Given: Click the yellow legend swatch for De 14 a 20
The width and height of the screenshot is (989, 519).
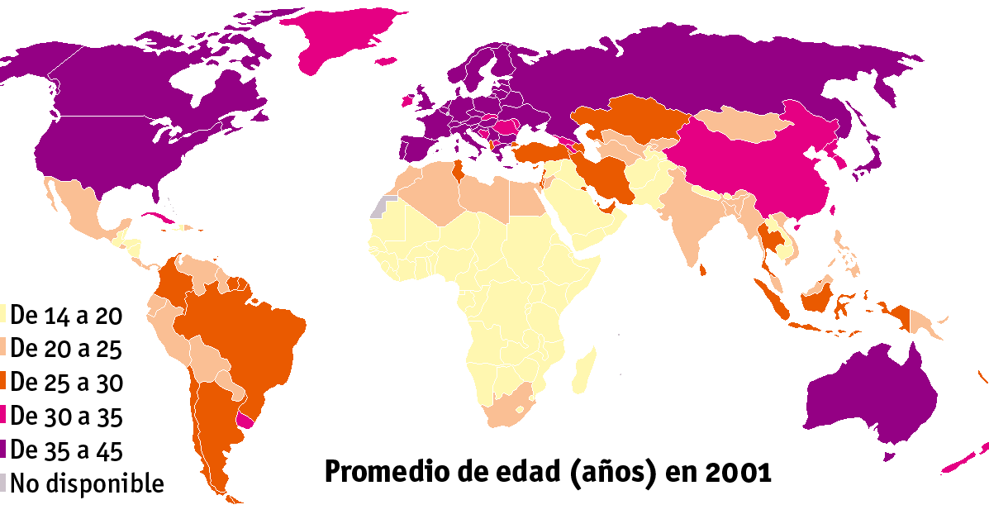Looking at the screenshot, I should click(x=4, y=315).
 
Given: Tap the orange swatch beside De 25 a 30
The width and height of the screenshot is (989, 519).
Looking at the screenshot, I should click(x=4, y=383).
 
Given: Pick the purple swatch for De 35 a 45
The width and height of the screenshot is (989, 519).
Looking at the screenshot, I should click(x=4, y=450).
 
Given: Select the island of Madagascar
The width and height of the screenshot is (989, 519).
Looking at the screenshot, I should click(x=583, y=371).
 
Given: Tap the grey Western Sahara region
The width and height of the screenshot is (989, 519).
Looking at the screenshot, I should click(x=379, y=207).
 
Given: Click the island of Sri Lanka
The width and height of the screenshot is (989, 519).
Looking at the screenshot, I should click(x=703, y=269).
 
